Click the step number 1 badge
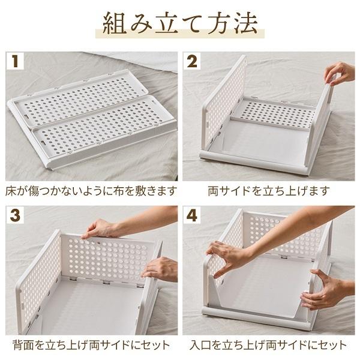[x=15, y=61]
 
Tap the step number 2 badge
[x=192, y=61]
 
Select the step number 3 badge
[x=15, y=215]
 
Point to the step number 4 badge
[x=192, y=215]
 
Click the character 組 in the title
[x=114, y=23]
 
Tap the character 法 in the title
[x=246, y=23]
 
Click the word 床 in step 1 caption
[x=11, y=191]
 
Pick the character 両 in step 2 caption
[x=213, y=191]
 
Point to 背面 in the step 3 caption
[x=23, y=345]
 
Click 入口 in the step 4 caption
[x=200, y=345]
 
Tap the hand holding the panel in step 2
[x=340, y=74]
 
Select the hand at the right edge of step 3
[x=161, y=269]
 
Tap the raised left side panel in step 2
[x=224, y=103]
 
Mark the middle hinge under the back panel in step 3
[x=106, y=282]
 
